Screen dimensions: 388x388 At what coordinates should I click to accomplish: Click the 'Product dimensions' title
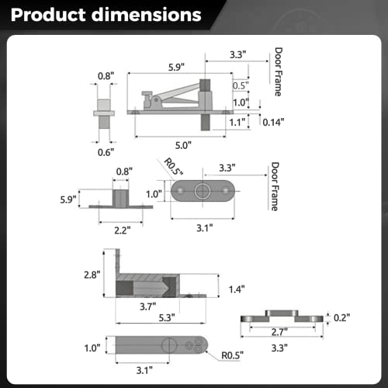coord(106,16)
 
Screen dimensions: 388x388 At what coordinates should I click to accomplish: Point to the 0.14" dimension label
coord(273,122)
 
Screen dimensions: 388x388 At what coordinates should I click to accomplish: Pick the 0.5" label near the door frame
coord(240,85)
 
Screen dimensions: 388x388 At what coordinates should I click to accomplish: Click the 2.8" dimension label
coord(92,275)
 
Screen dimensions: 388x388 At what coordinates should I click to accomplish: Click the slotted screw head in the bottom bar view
coord(166,345)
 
